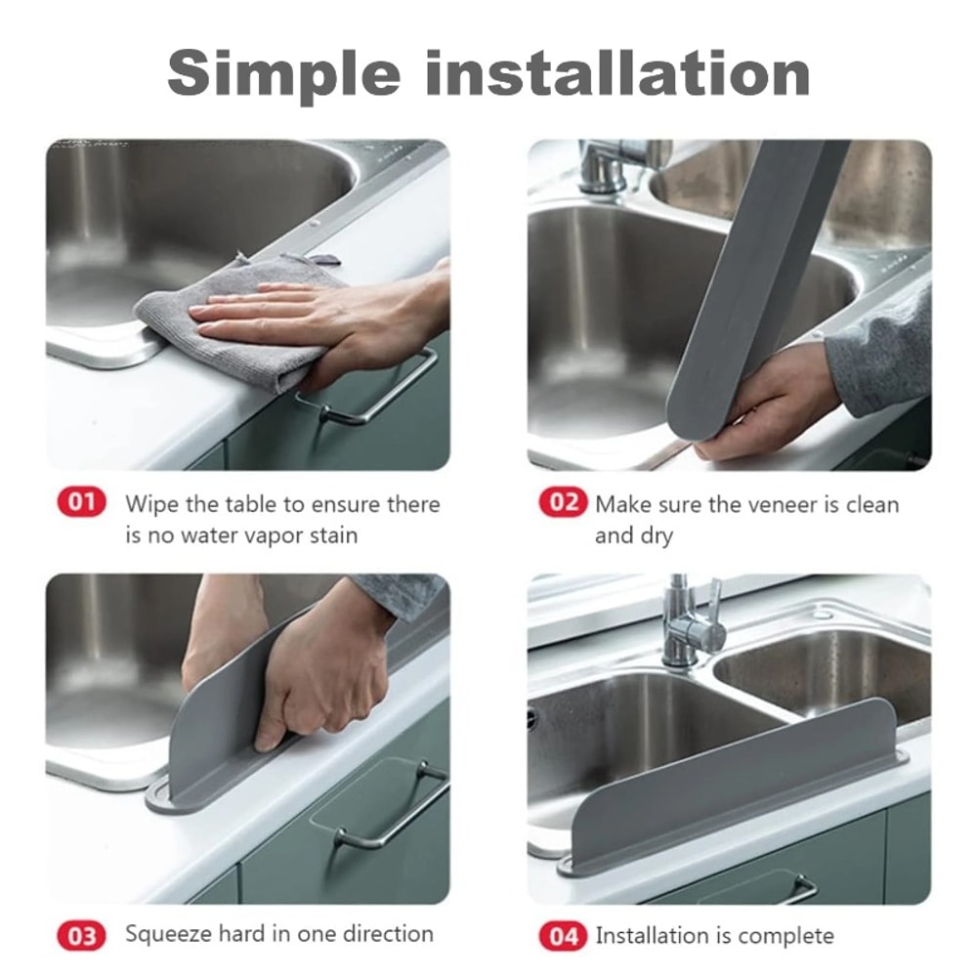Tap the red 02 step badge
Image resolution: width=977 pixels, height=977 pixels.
(x=563, y=503)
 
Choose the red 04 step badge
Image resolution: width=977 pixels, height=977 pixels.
(x=563, y=935)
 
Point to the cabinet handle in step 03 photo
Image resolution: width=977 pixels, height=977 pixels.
(x=391, y=811)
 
